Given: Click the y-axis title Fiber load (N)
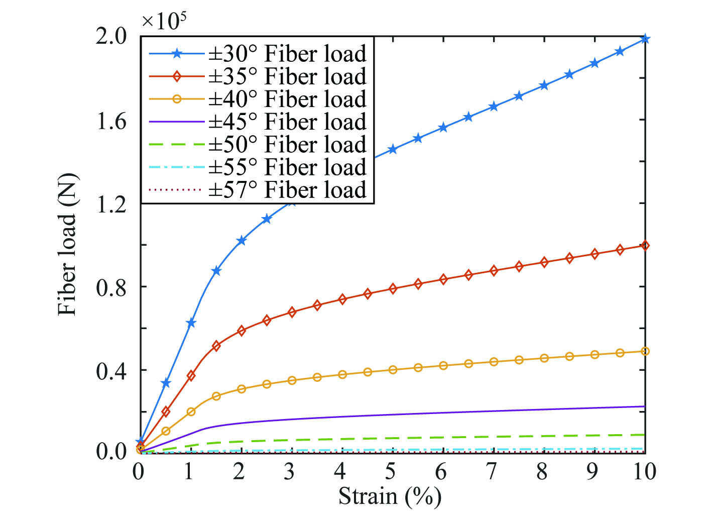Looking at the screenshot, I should (x=67, y=244).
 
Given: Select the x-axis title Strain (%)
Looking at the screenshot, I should (x=390, y=496).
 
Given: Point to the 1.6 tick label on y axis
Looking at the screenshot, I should (x=111, y=121).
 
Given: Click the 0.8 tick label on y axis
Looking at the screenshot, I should (x=111, y=287).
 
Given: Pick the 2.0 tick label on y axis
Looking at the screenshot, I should (x=111, y=37).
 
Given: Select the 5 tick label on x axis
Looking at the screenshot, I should (x=391, y=471).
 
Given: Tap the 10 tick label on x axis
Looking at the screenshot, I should (x=644, y=471).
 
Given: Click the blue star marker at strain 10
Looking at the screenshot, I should (x=645, y=39).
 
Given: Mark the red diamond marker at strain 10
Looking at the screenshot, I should (x=645, y=246).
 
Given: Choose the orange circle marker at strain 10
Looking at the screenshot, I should (x=645, y=351).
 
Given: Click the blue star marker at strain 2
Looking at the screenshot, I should (x=242, y=241).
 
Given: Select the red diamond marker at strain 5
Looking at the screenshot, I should (x=393, y=288).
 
